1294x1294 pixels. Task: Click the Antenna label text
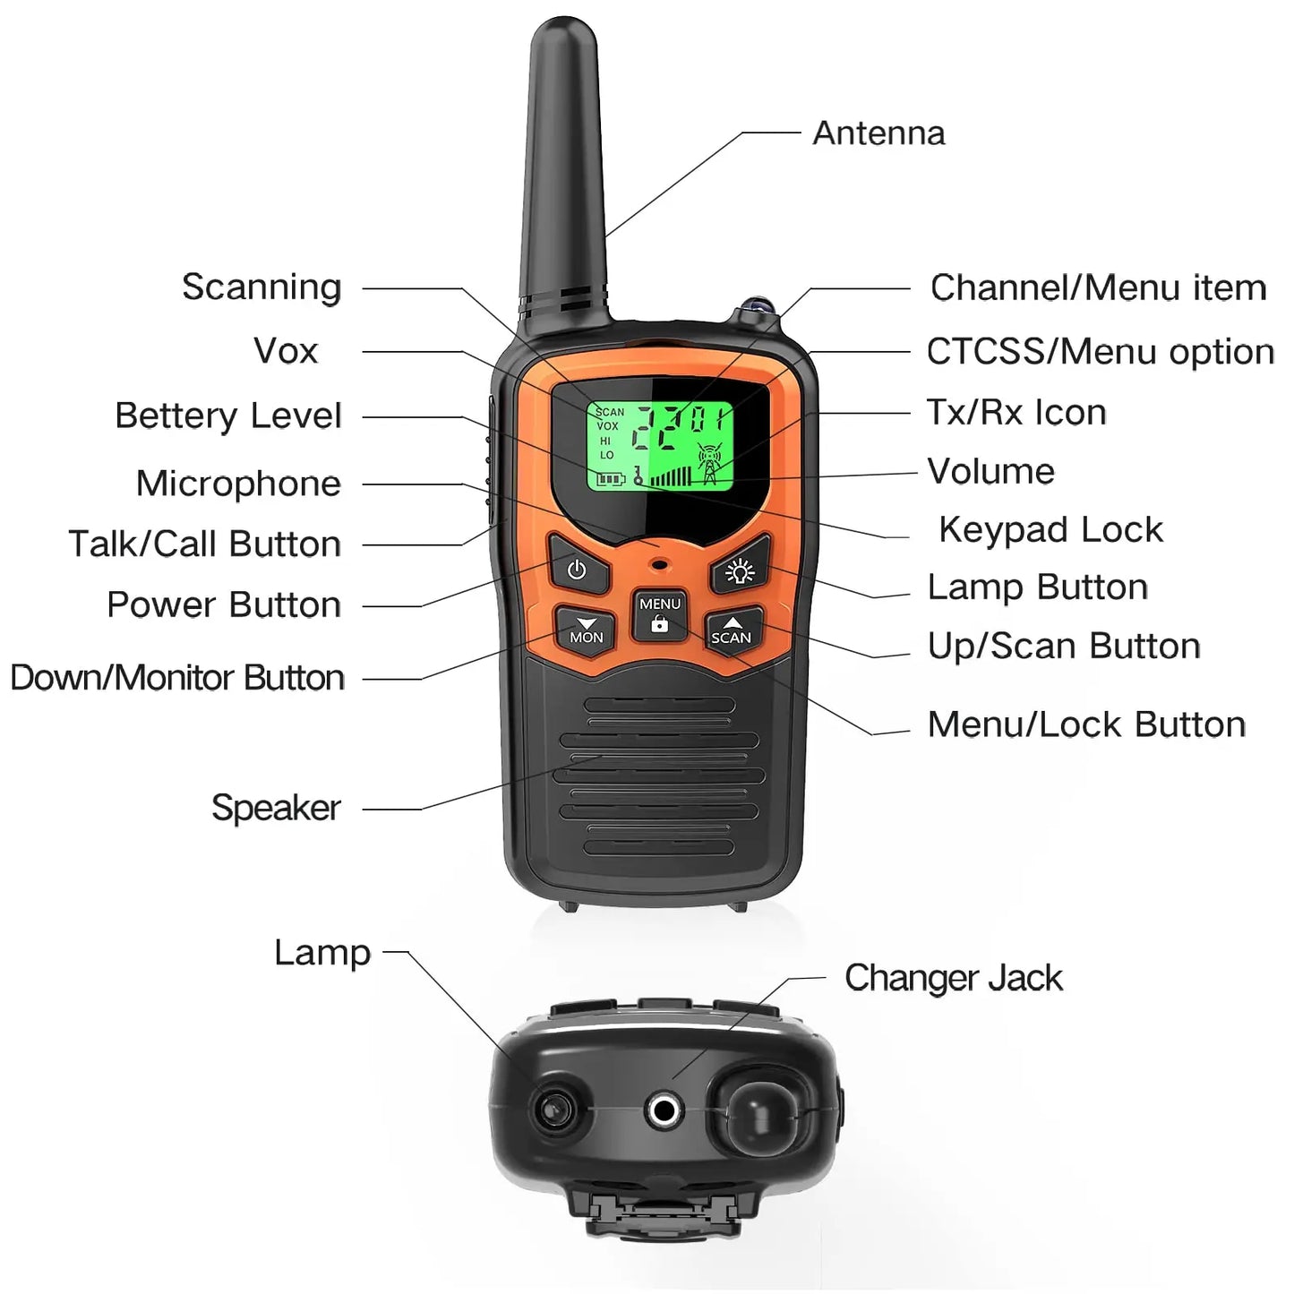[x=878, y=133]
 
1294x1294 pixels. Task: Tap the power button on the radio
[x=578, y=570]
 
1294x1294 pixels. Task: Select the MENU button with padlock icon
[x=660, y=614]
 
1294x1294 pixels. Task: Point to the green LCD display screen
[x=661, y=445]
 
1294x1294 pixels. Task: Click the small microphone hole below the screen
[x=661, y=565]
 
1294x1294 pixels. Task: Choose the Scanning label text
[x=261, y=287]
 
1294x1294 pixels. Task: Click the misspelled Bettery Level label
[x=228, y=416]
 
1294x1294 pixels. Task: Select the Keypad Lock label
[x=1050, y=529]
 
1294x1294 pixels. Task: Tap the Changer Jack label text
[x=953, y=978]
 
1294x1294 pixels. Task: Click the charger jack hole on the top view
[x=663, y=1111]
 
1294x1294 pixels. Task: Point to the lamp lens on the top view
[x=551, y=1110]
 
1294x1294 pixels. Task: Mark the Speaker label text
[x=276, y=808]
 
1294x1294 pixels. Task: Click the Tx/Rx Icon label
[x=1016, y=412]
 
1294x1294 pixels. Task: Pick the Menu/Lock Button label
[x=1086, y=724]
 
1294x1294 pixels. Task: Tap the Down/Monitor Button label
[x=177, y=678]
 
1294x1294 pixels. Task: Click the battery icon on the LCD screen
[x=611, y=479]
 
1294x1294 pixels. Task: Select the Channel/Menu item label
[x=1098, y=287]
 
